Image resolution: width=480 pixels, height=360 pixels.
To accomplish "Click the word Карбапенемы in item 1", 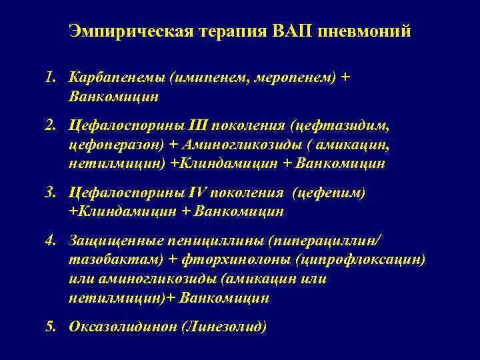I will (x=117, y=78).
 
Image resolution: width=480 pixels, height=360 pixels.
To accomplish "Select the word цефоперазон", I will (x=111, y=144).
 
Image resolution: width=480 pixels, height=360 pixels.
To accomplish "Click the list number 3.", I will (x=51, y=193).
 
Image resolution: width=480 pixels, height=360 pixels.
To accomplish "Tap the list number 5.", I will (x=51, y=327).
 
